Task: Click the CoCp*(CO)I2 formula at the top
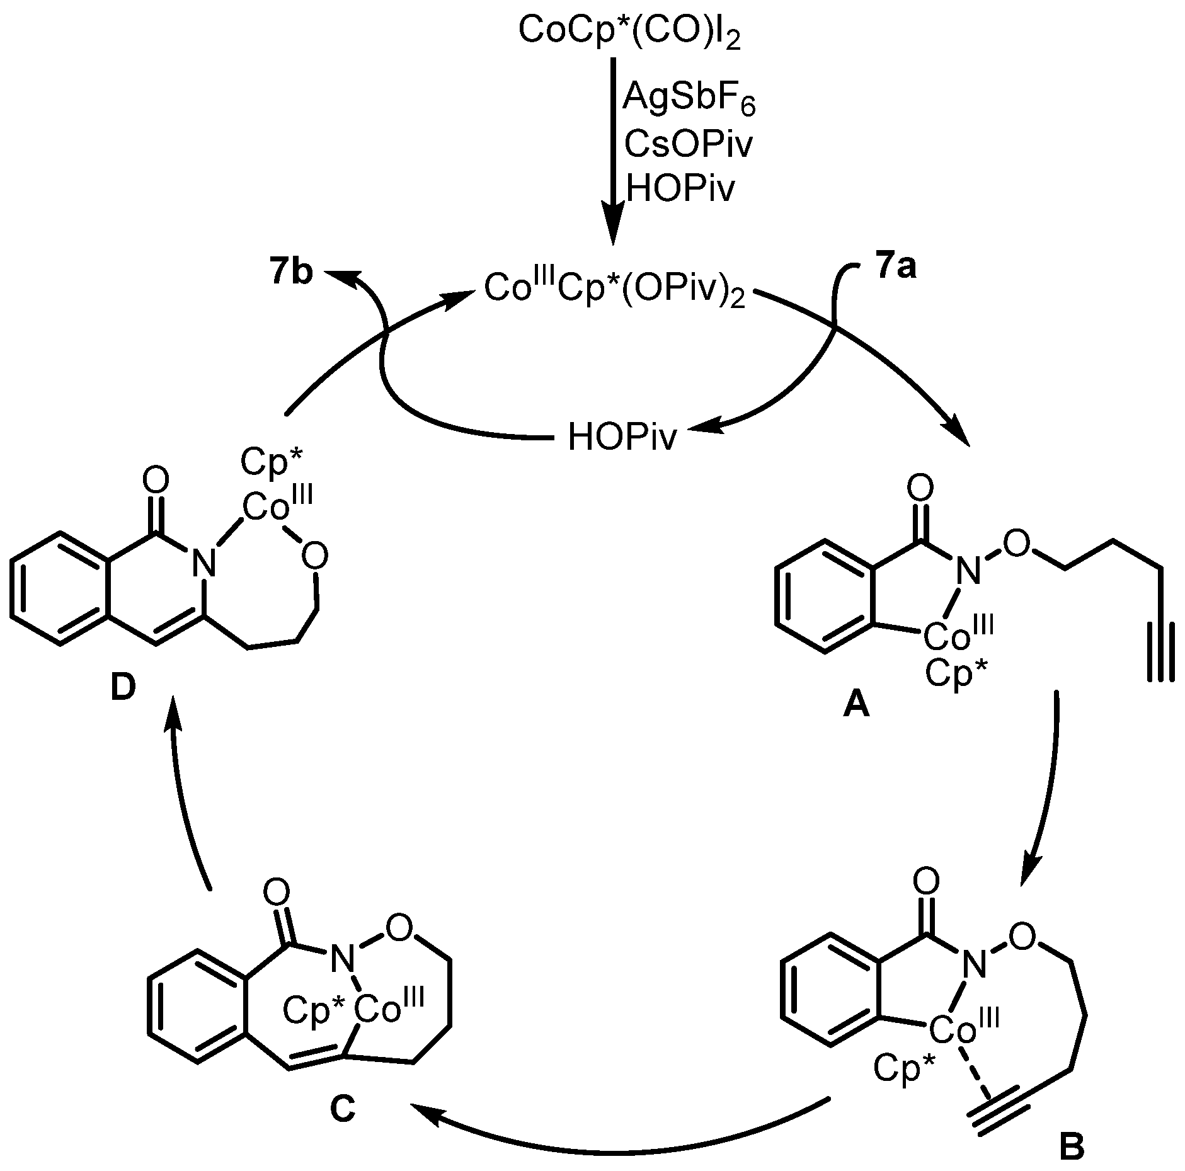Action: coord(629,30)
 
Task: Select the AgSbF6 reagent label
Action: coord(689,100)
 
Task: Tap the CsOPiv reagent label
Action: coord(688,145)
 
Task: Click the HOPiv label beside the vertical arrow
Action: coord(680,188)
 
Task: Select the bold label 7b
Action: coord(289,275)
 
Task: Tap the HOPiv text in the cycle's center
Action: coord(622,437)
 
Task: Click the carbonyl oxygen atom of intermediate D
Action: coord(156,481)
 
